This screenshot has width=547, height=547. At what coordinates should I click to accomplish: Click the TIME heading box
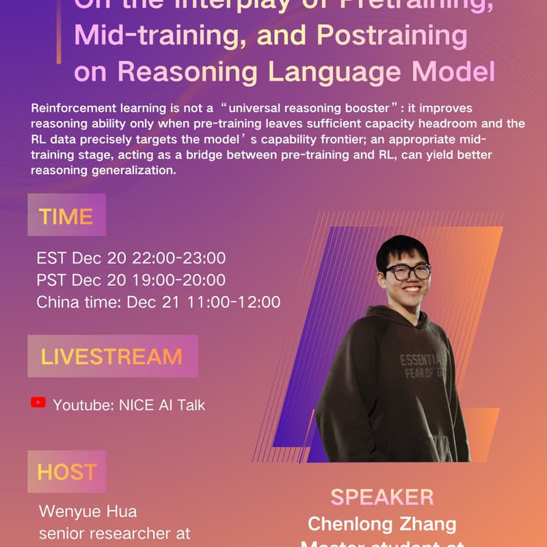click(66, 215)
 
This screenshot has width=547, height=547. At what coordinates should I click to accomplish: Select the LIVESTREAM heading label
click(112, 356)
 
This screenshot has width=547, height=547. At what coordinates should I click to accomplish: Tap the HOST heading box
click(66, 472)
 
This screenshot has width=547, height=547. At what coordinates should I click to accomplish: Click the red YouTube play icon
click(38, 403)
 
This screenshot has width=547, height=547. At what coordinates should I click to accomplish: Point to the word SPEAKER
click(382, 497)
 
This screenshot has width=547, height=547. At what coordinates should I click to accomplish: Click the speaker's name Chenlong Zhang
click(382, 524)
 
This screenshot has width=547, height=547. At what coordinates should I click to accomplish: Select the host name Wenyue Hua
click(88, 511)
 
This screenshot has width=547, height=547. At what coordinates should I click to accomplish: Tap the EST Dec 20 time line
click(131, 258)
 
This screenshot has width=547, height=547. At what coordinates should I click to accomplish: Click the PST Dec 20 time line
click(131, 280)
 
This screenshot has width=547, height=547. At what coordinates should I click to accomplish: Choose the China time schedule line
click(158, 302)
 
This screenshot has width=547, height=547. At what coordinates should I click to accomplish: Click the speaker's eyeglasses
click(408, 271)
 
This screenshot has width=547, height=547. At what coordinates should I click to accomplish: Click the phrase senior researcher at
click(114, 534)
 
